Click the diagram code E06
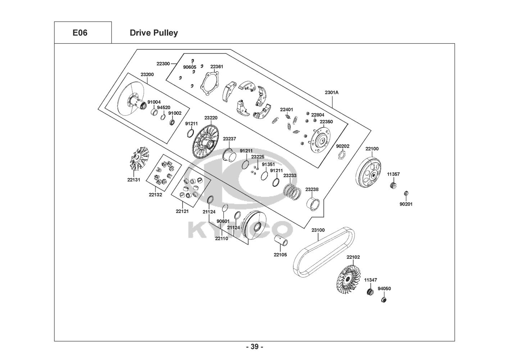click(x=80, y=33)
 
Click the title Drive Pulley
click(x=154, y=33)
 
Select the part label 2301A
click(x=332, y=93)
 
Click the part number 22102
click(x=353, y=257)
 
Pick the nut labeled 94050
click(x=384, y=300)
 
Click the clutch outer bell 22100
click(x=368, y=173)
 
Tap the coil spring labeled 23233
click(x=292, y=192)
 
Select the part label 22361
click(x=217, y=67)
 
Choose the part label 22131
click(x=133, y=180)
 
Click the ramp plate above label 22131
click(x=139, y=159)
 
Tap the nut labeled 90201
click(x=406, y=194)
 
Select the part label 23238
click(x=312, y=189)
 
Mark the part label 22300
click(x=163, y=64)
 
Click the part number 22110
click(x=222, y=239)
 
